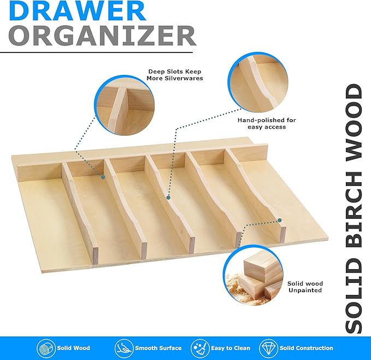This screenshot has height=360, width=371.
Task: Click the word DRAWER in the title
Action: pyautogui.click(x=78, y=10)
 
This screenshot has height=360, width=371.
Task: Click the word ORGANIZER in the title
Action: pyautogui.click(x=102, y=36)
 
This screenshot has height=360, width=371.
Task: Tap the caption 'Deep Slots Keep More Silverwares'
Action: pyautogui.click(x=175, y=75)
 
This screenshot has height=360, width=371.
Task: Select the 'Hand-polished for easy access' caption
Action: pyautogui.click(x=267, y=124)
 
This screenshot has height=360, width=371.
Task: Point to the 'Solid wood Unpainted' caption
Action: pyautogui.click(x=305, y=287)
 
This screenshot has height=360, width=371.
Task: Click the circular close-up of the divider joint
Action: pyautogui.click(x=125, y=106)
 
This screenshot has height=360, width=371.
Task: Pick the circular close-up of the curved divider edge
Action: pyautogui.click(x=258, y=82)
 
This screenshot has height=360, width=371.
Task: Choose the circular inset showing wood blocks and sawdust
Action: pyautogui.click(x=253, y=275)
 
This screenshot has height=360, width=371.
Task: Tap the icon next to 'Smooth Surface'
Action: pyautogui.click(x=123, y=348)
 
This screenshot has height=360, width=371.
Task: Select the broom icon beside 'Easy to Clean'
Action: pyautogui.click(x=199, y=348)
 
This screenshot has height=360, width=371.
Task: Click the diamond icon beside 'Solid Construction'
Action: pyautogui.click(x=268, y=348)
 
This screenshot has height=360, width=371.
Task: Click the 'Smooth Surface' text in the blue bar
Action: pyautogui.click(x=158, y=348)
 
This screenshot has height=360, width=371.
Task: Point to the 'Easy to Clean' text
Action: pyautogui.click(x=231, y=348)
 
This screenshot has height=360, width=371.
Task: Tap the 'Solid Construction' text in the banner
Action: pyautogui.click(x=306, y=348)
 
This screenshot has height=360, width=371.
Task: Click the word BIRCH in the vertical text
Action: pyautogui.click(x=354, y=209)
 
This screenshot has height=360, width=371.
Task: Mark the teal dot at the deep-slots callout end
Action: pyautogui.click(x=103, y=177)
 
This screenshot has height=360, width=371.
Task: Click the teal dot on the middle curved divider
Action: pyautogui.click(x=168, y=198)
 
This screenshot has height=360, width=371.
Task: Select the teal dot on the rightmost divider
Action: pyautogui.click(x=280, y=220)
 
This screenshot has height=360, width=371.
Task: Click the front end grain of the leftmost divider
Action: pyautogui.click(x=95, y=256)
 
